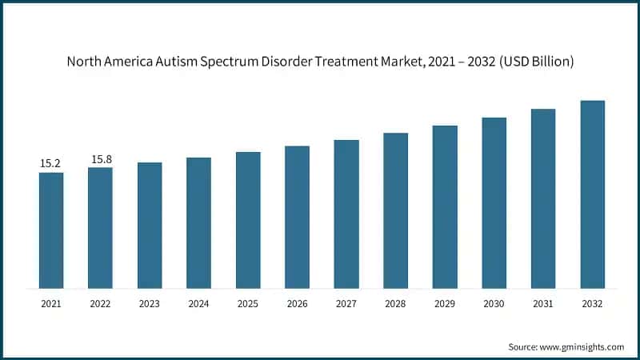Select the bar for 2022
(x=100, y=228)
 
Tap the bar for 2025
(x=248, y=220)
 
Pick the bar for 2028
(x=395, y=210)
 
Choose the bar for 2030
(x=494, y=203)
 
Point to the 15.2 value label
(x=50, y=163)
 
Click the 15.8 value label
(x=101, y=159)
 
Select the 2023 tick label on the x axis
(x=150, y=304)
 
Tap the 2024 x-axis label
(x=198, y=304)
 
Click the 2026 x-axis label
(x=297, y=304)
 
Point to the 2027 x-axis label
(x=346, y=304)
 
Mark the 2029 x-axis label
(x=445, y=304)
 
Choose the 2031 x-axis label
(x=543, y=304)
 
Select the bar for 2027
(x=346, y=214)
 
